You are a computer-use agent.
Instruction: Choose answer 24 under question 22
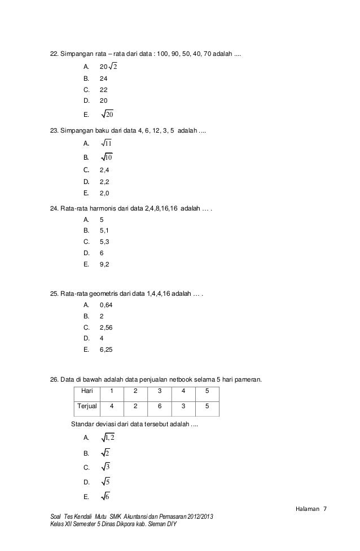coord(103,79)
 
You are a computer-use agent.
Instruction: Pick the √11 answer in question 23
coord(106,143)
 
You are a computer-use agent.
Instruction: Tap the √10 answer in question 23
coord(106,157)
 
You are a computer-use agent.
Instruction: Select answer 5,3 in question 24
coord(104,242)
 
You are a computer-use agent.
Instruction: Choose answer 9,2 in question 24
coord(104,264)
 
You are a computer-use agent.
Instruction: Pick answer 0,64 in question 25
coord(106,305)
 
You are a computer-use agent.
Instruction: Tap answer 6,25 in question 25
coord(106,349)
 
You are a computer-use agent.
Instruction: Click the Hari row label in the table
coord(87,391)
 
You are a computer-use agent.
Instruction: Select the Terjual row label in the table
coord(87,406)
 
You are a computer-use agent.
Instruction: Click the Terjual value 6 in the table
coord(160,406)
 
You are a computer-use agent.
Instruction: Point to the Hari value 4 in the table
coord(183,391)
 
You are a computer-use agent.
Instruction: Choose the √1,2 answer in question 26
coord(108,438)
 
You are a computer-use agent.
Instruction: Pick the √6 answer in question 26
coord(106,497)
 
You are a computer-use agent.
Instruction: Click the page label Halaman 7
coord(310,510)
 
